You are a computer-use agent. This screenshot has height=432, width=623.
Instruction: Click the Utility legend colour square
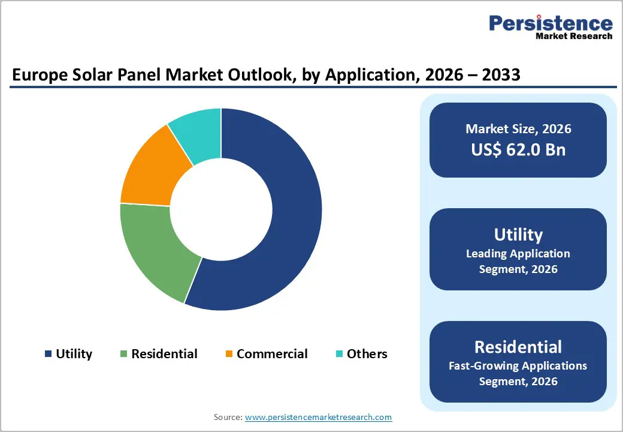(x=48, y=354)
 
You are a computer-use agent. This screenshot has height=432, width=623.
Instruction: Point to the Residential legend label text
(x=164, y=354)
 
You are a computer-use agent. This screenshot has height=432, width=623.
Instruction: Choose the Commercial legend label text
(x=272, y=354)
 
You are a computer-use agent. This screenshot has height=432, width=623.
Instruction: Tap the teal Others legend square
(x=339, y=354)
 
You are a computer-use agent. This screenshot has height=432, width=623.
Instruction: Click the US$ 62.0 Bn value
(x=518, y=149)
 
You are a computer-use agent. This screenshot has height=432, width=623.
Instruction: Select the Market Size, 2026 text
(x=518, y=128)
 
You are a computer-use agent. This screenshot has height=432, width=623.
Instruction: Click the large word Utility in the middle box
(x=518, y=234)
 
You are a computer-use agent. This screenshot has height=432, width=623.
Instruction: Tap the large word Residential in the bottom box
(x=518, y=347)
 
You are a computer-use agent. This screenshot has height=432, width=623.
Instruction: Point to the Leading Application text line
(x=518, y=254)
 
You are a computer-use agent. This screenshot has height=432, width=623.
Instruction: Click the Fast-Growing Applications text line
(x=518, y=365)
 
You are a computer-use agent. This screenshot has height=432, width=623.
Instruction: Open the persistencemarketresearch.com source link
(x=319, y=417)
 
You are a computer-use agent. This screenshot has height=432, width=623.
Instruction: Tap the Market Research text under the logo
(x=574, y=36)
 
